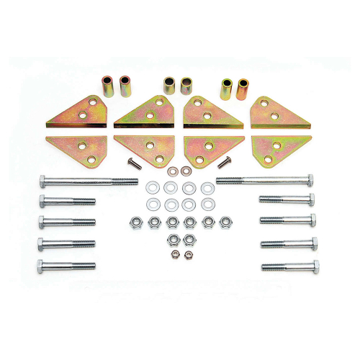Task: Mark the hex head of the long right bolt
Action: click(x=310, y=179)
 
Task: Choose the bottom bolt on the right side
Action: click(x=287, y=267)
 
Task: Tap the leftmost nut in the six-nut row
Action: click(x=135, y=222)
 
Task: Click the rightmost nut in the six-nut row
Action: click(x=225, y=222)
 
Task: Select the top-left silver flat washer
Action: click(x=152, y=188)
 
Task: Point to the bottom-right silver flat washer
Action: click(x=207, y=205)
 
